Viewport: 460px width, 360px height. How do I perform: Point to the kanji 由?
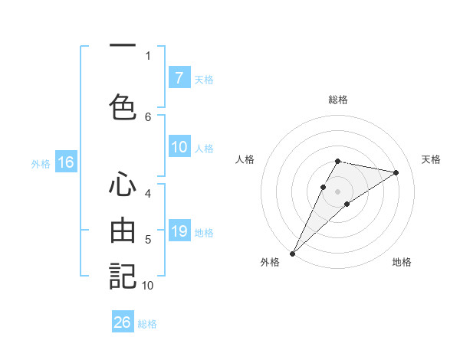pos(123,230)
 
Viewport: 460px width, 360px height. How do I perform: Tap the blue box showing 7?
pos(179,77)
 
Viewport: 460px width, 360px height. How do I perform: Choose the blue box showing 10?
pos(179,147)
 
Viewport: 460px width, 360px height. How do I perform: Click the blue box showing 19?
pos(179,231)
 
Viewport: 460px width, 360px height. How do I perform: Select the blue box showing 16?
pos(66,162)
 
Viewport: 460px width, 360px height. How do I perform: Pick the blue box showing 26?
pos(123,322)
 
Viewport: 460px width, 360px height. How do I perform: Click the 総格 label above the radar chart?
pos(338,100)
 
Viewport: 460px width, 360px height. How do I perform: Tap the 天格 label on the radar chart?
pos(432,159)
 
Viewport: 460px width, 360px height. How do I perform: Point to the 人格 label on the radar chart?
pos(245,159)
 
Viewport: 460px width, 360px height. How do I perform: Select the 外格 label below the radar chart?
pos(270,263)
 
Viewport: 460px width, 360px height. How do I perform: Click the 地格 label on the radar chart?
pos(402,263)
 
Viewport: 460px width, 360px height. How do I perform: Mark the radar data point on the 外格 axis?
pos(292,253)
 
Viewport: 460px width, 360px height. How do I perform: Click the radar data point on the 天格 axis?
pos(396,172)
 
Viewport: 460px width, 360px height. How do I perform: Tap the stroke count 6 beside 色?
pos(148,116)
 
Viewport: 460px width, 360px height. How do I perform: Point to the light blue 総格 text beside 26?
pos(147,324)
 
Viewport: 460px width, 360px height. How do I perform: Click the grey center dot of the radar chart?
pos(338,191)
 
